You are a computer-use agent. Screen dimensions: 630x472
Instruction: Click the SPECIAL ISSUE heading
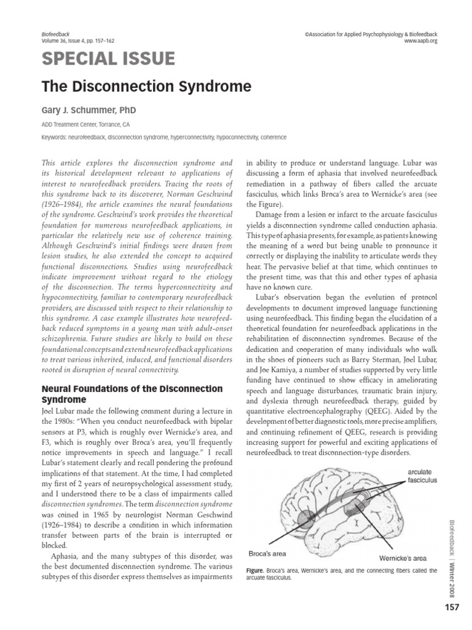[x=108, y=59]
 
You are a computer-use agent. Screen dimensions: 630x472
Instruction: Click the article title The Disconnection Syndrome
[x=146, y=87]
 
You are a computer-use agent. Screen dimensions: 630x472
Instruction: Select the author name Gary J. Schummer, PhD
[x=88, y=110]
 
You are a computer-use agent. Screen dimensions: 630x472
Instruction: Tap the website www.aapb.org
[x=420, y=41]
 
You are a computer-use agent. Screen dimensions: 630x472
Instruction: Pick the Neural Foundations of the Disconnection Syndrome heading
[x=132, y=394]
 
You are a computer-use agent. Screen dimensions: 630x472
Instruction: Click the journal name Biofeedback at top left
[x=56, y=34]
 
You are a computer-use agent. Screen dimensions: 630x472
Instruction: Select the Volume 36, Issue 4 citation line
[x=77, y=41]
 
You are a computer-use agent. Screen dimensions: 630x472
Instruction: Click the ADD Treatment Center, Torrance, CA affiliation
[x=85, y=125]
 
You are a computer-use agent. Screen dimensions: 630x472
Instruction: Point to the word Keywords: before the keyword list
[x=56, y=138]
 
